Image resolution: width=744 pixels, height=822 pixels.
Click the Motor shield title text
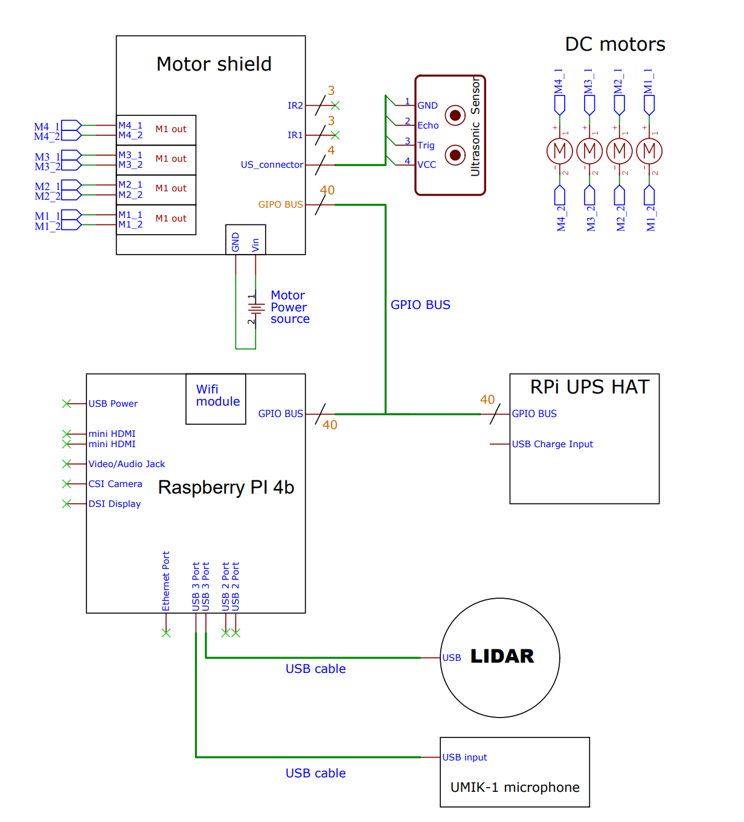214,64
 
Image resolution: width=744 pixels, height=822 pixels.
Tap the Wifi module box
216,398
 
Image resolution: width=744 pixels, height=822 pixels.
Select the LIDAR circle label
502,657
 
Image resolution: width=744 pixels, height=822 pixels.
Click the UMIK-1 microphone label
515,787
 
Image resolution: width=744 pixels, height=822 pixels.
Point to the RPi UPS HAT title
589,387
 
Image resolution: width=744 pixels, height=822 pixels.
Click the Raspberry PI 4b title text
226,487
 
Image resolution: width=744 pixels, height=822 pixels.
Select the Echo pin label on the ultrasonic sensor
428,126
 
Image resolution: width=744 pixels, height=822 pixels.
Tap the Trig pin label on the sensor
426,145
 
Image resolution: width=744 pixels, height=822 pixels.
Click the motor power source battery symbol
256,308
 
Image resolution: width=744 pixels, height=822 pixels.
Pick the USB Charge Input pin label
552,444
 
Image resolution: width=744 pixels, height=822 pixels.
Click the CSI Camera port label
115,484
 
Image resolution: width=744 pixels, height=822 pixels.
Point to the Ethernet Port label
166,581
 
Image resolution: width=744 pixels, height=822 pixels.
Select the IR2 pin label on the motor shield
295,106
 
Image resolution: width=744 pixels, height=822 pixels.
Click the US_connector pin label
272,165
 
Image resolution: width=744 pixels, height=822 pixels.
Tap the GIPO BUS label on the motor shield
280,205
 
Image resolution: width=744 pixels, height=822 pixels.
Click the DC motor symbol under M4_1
559,151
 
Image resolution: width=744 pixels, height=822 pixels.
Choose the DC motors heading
615,44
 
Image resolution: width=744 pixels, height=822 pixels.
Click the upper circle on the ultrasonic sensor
455,115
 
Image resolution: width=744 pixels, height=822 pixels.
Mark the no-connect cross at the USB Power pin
66,404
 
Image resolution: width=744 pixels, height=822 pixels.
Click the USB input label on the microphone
464,757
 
